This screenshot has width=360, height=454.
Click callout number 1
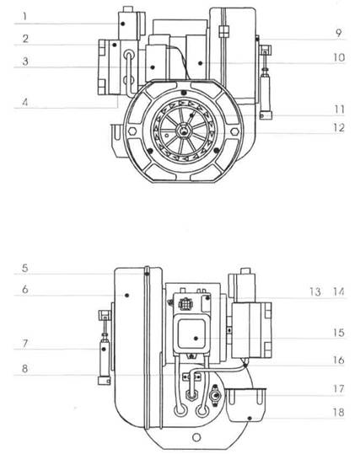(25, 16)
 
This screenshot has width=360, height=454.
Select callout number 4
(25, 102)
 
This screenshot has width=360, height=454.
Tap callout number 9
(339, 33)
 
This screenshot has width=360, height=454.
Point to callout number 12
(339, 128)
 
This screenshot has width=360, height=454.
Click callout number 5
(25, 268)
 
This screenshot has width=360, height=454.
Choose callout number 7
(25, 344)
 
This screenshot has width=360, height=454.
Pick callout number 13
(315, 291)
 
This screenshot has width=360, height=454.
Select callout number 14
(338, 291)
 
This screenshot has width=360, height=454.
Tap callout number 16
(339, 360)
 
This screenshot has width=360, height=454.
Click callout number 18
(339, 412)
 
